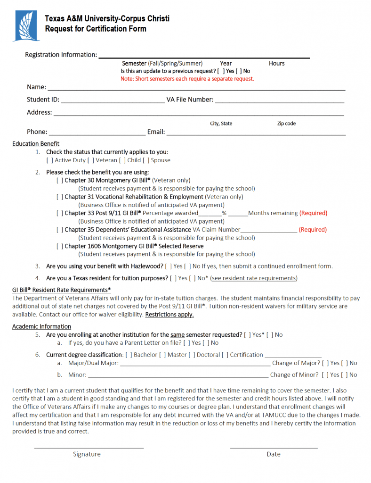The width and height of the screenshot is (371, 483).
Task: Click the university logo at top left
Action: pyautogui.click(x=28, y=25)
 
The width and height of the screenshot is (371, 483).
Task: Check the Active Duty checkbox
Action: pyautogui.click(x=49, y=160)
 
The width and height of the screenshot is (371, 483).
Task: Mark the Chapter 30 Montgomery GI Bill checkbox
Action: pyautogui.click(x=60, y=180)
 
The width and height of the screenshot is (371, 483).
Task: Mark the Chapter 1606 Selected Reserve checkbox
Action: pyautogui.click(x=60, y=246)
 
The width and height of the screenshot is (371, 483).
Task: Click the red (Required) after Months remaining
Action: pyautogui.click(x=313, y=213)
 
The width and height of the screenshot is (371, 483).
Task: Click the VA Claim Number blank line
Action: pyautogui.click(x=269, y=231)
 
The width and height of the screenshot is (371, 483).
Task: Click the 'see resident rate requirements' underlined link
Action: pyautogui.click(x=254, y=278)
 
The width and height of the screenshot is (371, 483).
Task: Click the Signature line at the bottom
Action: pyautogui.click(x=89, y=447)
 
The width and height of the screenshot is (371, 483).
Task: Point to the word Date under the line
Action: pyautogui.click(x=273, y=454)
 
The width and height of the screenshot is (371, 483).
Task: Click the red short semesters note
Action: pyautogui.click(x=187, y=79)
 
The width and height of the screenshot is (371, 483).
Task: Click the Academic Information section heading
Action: pyautogui.click(x=41, y=326)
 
